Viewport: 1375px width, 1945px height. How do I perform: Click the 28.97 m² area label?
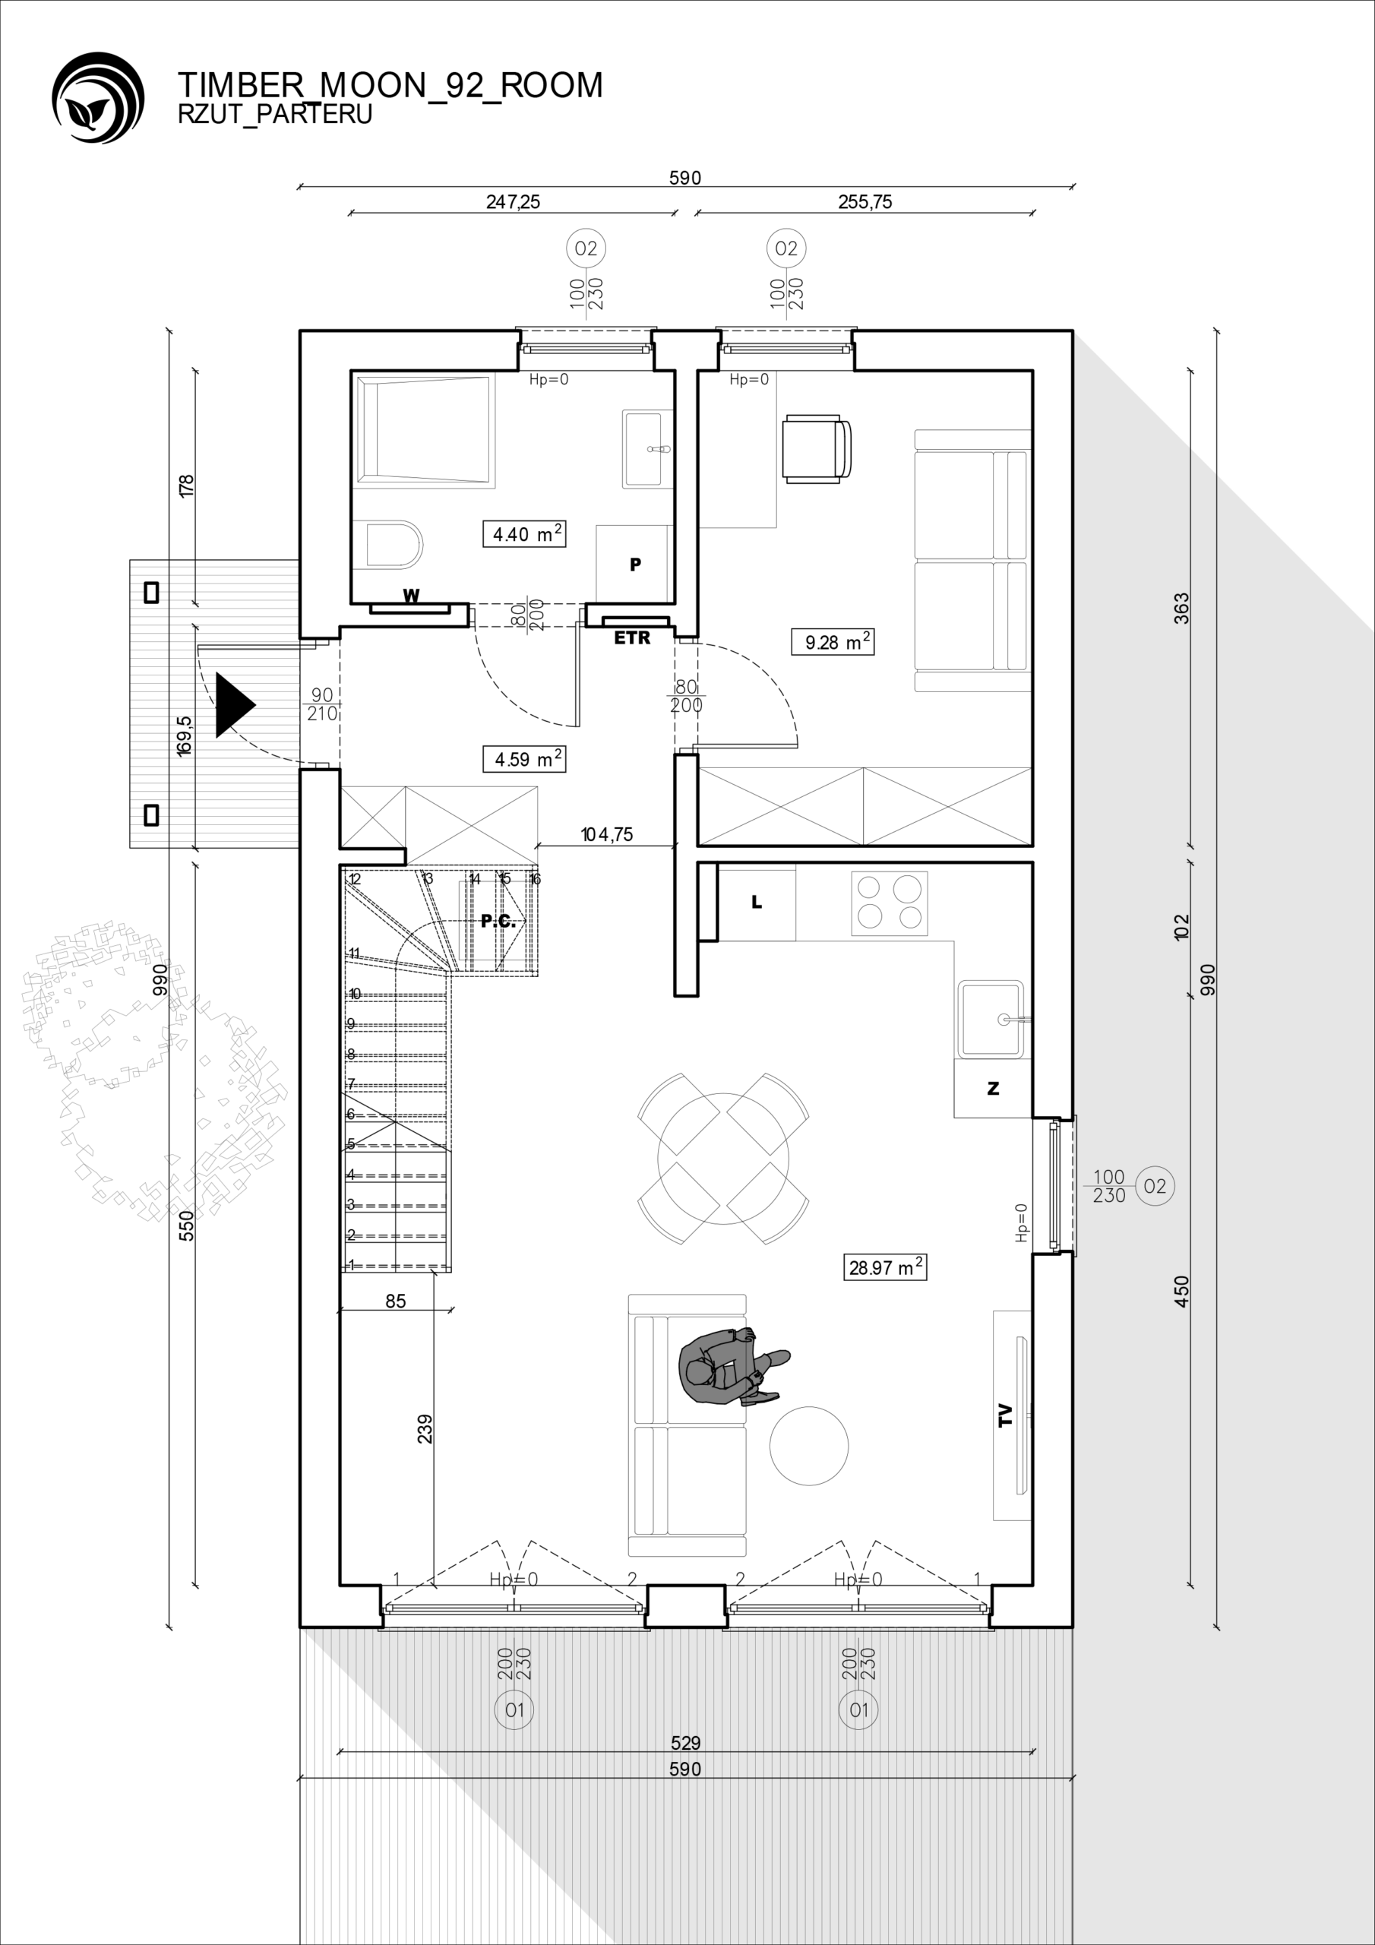pos(887,1267)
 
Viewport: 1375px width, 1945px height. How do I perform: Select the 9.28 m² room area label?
pos(833,641)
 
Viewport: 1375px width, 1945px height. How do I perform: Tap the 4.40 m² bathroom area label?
pos(524,533)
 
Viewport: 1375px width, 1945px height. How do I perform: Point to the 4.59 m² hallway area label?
pos(524,759)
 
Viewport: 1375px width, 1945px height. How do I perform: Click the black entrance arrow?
pos(235,704)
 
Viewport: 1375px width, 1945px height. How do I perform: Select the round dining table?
pos(723,1159)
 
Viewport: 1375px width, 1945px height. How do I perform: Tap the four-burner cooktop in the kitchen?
pos(890,904)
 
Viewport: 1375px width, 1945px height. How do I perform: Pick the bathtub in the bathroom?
pos(425,432)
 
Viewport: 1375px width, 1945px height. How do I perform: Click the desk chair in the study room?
pos(816,449)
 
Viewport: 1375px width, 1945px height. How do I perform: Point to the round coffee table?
pos(808,1446)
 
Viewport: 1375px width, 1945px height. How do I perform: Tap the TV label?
pos(1006,1415)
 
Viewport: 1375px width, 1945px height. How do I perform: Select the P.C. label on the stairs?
pos(498,921)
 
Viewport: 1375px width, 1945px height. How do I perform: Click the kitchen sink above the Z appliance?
pos(991,1019)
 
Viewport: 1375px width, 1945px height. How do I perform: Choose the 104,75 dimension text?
pos(606,834)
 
